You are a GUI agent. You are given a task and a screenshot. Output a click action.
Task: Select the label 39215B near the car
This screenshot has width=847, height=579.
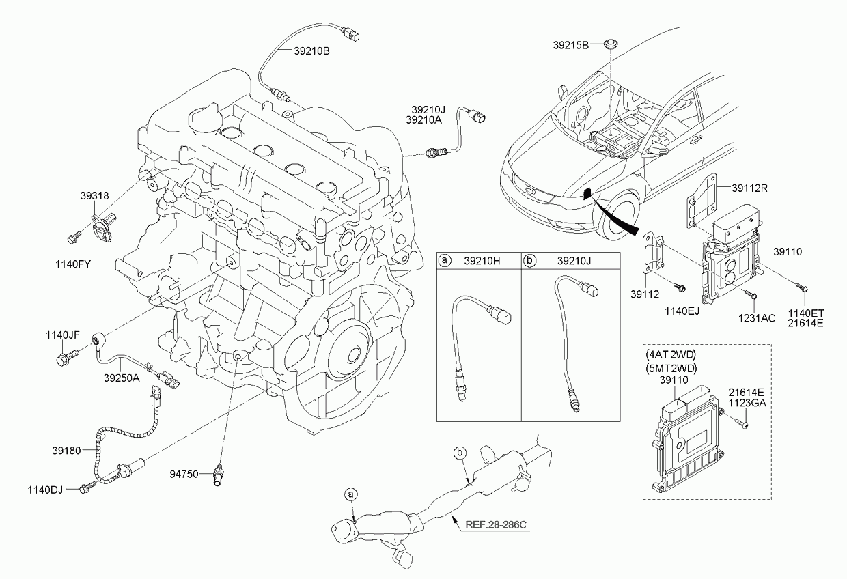(571, 45)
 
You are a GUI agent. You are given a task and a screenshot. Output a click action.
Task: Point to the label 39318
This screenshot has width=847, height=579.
(94, 196)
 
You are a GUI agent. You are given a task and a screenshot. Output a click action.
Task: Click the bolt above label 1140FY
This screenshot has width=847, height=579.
(74, 238)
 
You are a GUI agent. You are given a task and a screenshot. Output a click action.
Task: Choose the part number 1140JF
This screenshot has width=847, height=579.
(63, 335)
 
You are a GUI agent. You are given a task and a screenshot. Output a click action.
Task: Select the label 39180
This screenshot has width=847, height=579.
(66, 451)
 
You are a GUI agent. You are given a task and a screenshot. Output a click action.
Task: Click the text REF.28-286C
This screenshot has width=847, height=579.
(496, 525)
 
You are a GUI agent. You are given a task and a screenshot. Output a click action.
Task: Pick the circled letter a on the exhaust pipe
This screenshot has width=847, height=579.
(350, 494)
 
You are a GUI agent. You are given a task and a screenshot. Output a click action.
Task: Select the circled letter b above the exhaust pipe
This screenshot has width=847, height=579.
(460, 453)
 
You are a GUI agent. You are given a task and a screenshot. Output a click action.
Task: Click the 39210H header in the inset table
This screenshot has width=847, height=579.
(482, 261)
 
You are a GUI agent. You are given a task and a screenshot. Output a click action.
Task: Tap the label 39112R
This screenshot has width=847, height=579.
(750, 188)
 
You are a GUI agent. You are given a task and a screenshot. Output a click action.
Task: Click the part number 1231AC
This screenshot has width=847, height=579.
(757, 318)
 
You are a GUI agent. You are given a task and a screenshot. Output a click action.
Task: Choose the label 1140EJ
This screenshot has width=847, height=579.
(682, 311)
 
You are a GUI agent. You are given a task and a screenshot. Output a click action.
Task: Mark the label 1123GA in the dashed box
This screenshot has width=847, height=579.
(747, 403)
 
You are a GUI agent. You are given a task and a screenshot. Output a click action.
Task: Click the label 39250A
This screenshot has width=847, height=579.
(122, 378)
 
